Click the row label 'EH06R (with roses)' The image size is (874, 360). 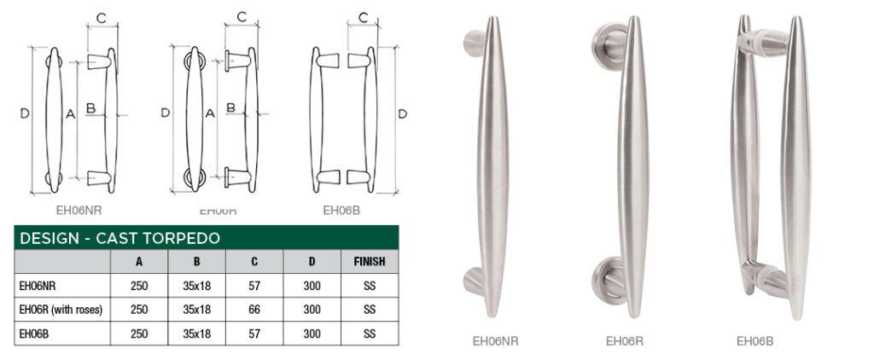click(x=61, y=310)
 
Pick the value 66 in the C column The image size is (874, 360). click(x=254, y=310)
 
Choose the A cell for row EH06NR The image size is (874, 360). click(x=139, y=286)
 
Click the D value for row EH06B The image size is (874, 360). click(x=312, y=334)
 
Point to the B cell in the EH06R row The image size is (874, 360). click(x=196, y=310)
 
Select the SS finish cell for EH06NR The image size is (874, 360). click(x=370, y=286)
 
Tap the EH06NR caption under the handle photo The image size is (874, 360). click(x=495, y=341)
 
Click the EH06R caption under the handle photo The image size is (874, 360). click(x=624, y=341)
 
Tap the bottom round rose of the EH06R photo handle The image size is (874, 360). click(x=608, y=279)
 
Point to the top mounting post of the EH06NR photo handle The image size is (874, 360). click(x=475, y=40)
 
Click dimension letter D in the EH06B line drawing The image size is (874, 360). click(x=402, y=113)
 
